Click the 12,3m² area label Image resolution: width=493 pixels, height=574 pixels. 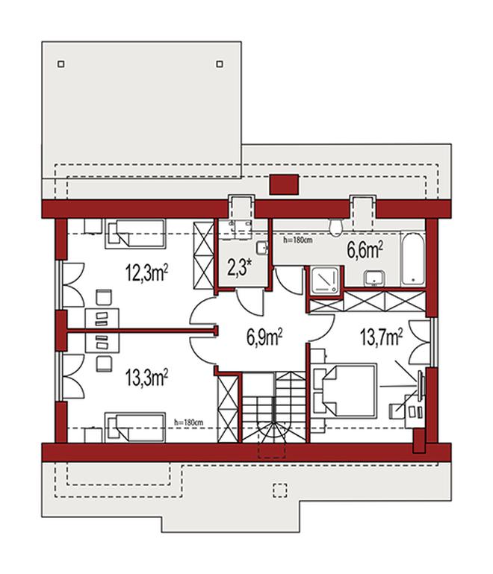147,272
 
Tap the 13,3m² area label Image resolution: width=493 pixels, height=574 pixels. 147,378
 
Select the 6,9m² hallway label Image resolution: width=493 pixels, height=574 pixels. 264,337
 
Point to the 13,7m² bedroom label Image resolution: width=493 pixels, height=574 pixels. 382,337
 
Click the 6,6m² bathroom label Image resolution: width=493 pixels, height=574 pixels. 365,250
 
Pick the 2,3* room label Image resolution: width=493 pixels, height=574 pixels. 241,268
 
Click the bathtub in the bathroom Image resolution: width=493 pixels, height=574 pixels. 413,259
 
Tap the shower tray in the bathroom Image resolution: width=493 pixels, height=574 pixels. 324,280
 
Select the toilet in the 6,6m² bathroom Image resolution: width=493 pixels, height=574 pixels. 335,227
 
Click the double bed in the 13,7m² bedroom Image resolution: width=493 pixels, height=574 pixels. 344,390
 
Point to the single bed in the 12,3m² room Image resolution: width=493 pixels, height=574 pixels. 135,234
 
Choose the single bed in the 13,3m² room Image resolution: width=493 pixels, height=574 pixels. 135,428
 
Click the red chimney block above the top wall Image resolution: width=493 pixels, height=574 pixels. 284,185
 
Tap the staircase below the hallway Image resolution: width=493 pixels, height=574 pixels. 273,407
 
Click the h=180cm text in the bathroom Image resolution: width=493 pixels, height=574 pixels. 298,240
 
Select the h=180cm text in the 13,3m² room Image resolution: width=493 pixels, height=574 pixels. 189,422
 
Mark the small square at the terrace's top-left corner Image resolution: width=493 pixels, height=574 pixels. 61,64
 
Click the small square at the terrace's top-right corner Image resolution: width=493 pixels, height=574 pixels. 220,64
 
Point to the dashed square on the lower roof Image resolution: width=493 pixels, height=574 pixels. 280,490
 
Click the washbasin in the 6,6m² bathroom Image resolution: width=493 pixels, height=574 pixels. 374,278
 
